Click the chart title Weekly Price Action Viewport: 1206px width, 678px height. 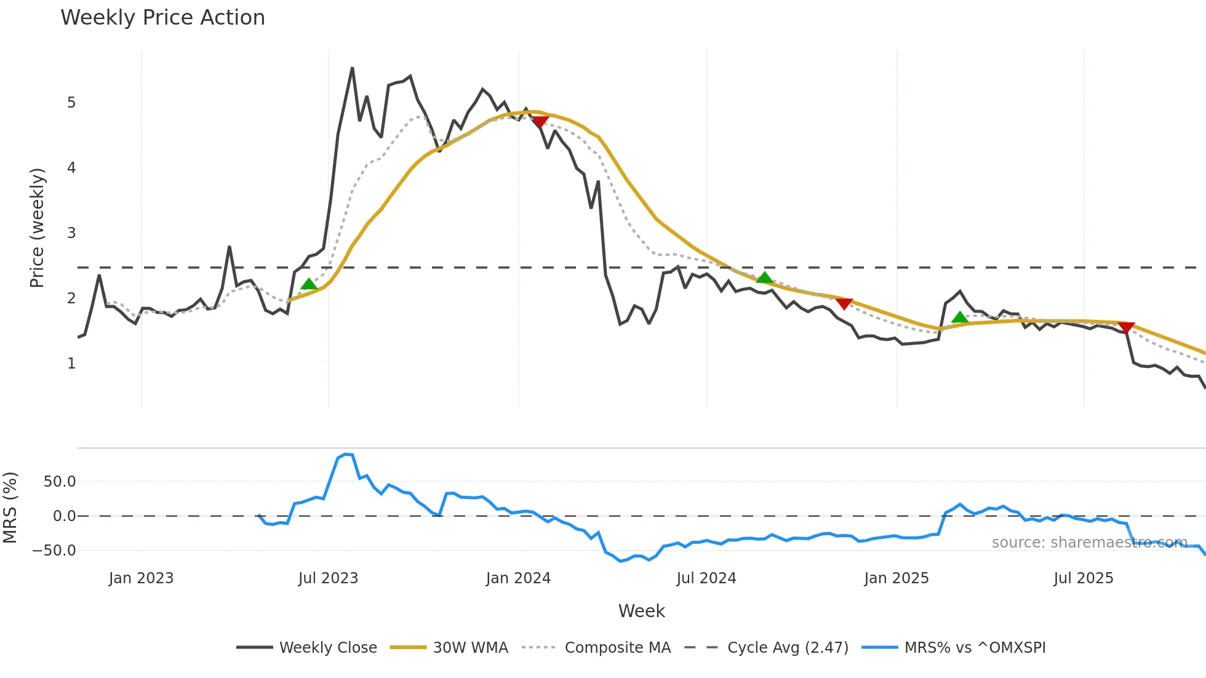[x=162, y=18]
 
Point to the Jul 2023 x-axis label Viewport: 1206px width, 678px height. [x=328, y=578]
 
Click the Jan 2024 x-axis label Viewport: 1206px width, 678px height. [x=518, y=578]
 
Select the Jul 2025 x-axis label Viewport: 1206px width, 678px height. [x=1083, y=578]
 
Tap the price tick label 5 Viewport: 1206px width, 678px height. [x=71, y=103]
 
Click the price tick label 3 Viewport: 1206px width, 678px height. [x=71, y=233]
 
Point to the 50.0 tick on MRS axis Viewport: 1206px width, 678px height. [x=60, y=482]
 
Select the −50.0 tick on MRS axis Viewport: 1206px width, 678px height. [x=54, y=551]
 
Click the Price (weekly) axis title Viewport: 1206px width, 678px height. [x=37, y=228]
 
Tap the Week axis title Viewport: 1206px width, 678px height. [x=641, y=611]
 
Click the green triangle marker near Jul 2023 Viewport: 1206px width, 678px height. [x=309, y=284]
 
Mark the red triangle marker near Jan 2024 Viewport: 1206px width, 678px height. [x=540, y=122]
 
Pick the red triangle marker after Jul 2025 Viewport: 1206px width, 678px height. [x=1126, y=327]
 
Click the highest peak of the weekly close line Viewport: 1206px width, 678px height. [x=352, y=68]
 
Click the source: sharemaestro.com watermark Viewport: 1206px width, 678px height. [x=1089, y=543]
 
